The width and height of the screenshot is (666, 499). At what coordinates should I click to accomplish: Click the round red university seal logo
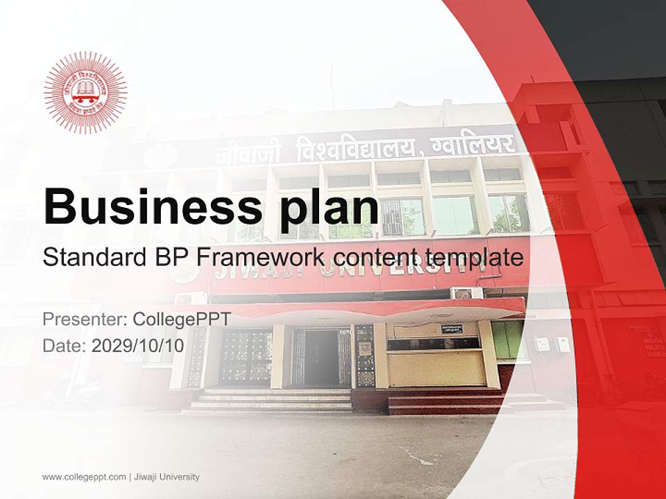(85, 92)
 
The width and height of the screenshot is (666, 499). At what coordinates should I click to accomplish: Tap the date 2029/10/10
(138, 346)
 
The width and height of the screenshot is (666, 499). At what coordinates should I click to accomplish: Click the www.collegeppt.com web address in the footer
(84, 477)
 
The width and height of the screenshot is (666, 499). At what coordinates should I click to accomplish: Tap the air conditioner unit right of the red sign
(466, 292)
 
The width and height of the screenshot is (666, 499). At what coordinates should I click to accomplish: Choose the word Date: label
(65, 346)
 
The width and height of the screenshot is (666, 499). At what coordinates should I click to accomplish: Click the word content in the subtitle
(374, 258)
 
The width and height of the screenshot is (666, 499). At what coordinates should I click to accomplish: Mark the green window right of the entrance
(509, 340)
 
